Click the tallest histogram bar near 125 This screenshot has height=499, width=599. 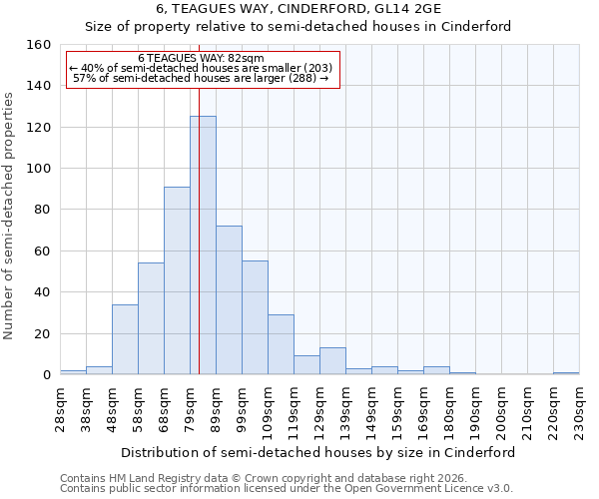pos(203,246)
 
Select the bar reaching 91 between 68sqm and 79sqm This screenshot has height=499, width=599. pos(177,280)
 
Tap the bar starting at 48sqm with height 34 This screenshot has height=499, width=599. pos(125,339)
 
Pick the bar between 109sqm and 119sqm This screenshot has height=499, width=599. pos(281,344)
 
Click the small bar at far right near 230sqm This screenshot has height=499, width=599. pos(566,373)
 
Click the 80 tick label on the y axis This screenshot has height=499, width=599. pos(42,210)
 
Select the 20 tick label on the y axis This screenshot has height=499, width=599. pos(42,333)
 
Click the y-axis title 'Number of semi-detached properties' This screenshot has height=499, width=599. pos(10,210)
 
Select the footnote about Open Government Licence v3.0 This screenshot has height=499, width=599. pos(286,488)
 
